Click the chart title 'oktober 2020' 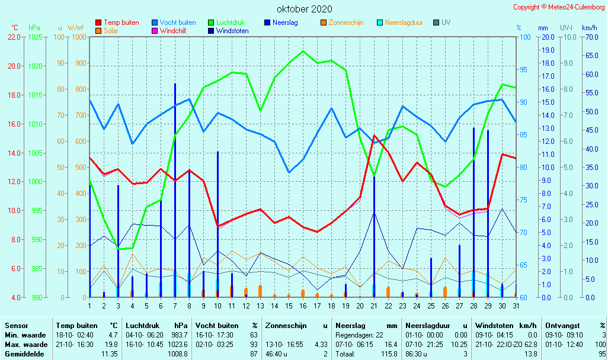(x=305, y=9)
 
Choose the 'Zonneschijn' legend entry (x=345, y=22)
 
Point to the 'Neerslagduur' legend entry (x=404, y=22)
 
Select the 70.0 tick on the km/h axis (x=589, y=37)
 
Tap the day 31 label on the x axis (x=516, y=306)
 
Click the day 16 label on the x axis (x=303, y=306)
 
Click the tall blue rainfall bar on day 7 (x=175, y=189)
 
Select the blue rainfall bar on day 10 (x=217, y=225)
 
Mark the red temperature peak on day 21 (x=374, y=136)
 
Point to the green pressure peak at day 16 (x=303, y=52)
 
